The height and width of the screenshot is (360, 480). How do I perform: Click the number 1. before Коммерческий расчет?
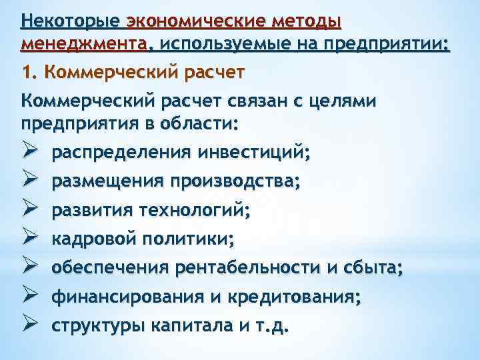pyautogui.click(x=29, y=72)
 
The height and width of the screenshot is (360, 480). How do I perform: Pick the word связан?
pyautogui.click(x=260, y=101)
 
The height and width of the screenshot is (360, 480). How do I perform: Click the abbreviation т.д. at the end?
pyautogui.click(x=274, y=326)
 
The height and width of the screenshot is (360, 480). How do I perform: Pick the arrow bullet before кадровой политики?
pyautogui.click(x=29, y=239)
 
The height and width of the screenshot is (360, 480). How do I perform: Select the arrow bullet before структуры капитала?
pyautogui.click(x=29, y=326)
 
